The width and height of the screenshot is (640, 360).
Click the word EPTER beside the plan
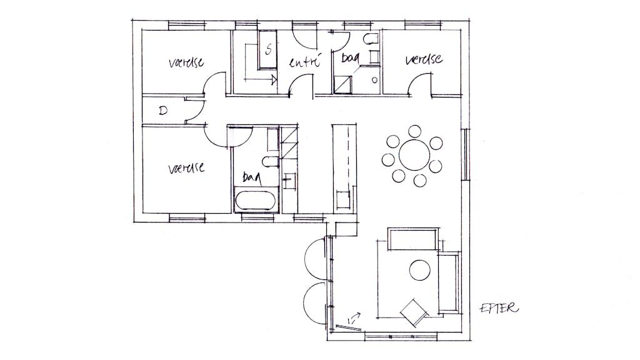point(499,307)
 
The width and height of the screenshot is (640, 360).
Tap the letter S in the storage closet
point(268,50)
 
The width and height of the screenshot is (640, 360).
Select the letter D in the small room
point(163,111)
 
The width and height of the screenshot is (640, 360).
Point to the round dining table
point(414,155)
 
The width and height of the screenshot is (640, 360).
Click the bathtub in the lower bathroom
point(256,200)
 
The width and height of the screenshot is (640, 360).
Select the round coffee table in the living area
point(419,270)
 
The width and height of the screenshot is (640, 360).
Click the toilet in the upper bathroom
point(371,39)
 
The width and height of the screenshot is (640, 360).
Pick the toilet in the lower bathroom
point(270,162)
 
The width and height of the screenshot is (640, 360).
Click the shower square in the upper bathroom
point(343,84)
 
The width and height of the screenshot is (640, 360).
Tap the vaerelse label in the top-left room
point(186,62)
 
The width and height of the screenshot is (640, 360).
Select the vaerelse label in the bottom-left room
point(186,167)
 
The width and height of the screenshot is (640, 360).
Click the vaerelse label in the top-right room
point(424,59)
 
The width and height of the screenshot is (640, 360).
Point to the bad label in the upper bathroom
point(350,58)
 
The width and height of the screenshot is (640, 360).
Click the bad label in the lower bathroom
point(252,177)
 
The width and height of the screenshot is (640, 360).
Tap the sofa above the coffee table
point(412,239)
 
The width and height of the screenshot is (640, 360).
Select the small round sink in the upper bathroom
point(374,81)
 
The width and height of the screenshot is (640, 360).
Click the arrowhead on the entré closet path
point(274,79)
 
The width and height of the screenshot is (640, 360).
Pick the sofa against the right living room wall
point(449,282)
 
